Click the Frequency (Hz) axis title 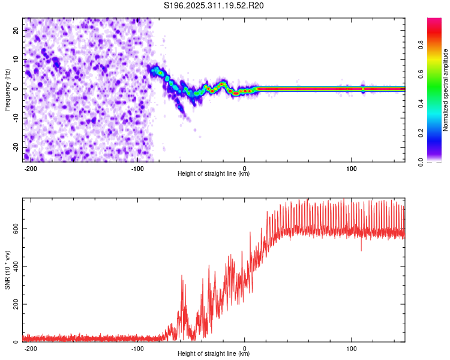coord(7,90)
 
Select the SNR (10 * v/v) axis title coord(7,270)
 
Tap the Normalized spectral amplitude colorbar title coord(446,90)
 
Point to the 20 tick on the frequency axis coord(17,29)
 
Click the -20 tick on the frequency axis coord(16,147)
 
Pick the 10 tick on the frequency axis coord(17,59)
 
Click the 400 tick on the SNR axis coord(14,266)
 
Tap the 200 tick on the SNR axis coord(14,304)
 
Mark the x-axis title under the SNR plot coord(214,354)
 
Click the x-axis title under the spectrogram coord(214,173)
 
